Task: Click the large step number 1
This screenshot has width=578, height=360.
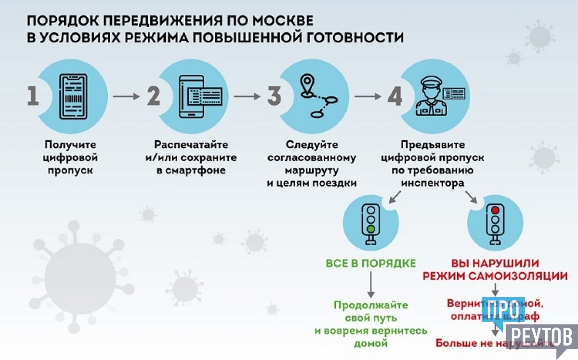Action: point(33,96)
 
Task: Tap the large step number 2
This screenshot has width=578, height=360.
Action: point(153,96)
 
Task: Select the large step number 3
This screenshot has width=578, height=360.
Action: point(274,96)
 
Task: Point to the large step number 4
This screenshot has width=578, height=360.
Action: point(395,96)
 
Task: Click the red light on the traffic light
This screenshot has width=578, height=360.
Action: point(495,210)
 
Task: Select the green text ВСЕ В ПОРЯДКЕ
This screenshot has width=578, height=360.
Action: point(371,264)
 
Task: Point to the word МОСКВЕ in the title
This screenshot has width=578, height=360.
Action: point(283,22)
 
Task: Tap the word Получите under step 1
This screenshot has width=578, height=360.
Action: point(70,145)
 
